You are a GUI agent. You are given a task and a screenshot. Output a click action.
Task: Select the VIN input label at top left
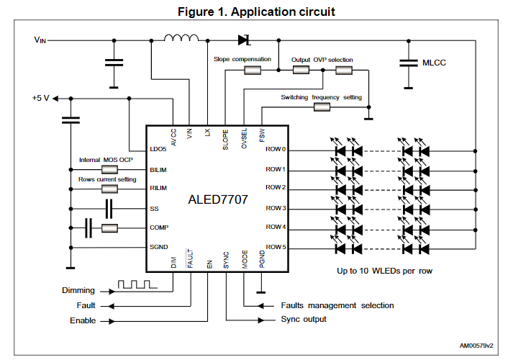click(40, 40)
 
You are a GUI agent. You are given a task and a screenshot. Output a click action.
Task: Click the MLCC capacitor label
click(432, 63)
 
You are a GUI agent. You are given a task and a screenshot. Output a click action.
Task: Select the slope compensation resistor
click(254, 71)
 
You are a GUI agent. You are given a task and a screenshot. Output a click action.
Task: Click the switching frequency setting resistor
click(321, 107)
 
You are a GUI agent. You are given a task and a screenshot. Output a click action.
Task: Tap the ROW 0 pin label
click(276, 150)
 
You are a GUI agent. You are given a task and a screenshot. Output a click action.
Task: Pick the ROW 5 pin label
click(276, 247)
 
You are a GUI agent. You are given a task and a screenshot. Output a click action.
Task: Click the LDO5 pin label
click(158, 150)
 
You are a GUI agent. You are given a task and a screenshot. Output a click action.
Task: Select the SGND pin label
click(159, 247)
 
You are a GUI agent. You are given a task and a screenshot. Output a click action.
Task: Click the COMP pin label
click(159, 228)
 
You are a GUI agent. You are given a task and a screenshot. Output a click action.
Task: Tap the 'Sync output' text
click(303, 319)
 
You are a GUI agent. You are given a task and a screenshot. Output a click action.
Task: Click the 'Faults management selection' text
click(337, 305)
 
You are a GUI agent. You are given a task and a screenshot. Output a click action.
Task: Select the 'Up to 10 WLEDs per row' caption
click(386, 271)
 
